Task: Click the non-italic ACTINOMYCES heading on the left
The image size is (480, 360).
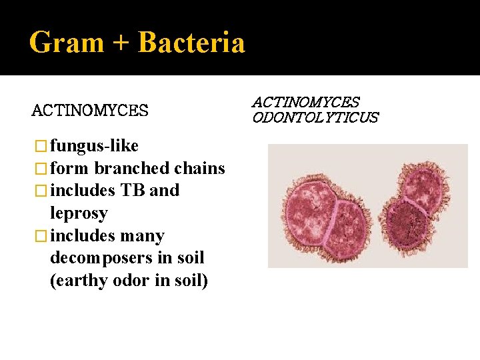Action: (x=90, y=110)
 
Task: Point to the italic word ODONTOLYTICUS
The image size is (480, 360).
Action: (x=315, y=118)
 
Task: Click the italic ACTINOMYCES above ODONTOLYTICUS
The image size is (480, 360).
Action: (x=305, y=102)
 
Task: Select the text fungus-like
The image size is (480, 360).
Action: (x=94, y=145)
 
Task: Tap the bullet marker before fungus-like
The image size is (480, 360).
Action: (x=41, y=146)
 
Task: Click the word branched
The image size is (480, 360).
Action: (x=131, y=167)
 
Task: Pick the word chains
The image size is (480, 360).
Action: (x=199, y=167)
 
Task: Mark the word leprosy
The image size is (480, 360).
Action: (x=79, y=213)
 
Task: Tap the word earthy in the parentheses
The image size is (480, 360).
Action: (x=77, y=281)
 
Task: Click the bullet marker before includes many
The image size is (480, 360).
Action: (x=41, y=237)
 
